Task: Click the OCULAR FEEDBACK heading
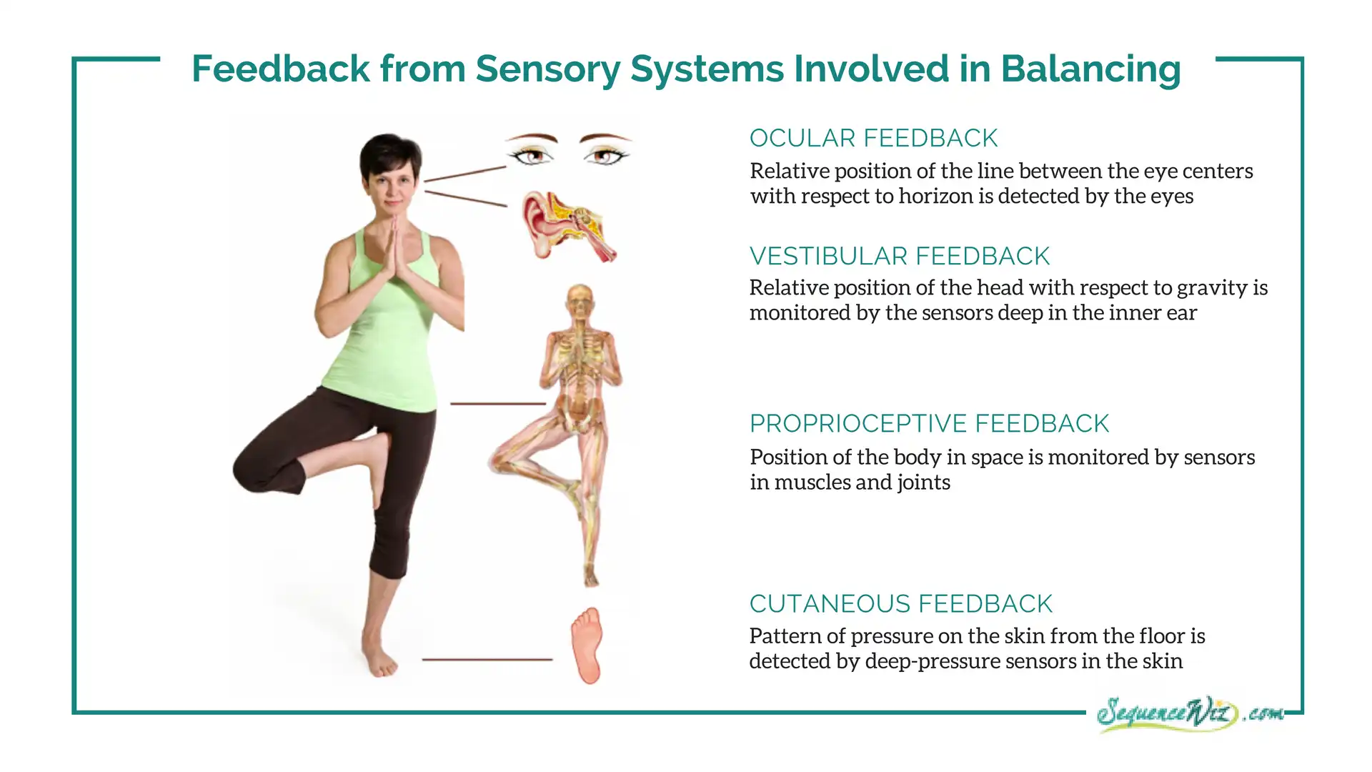point(873,138)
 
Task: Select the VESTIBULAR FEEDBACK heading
point(900,256)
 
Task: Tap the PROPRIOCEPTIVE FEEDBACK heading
point(929,423)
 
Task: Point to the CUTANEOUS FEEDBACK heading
point(901,604)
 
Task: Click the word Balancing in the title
point(1090,70)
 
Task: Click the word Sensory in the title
point(547,70)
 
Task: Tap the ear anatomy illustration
point(568,226)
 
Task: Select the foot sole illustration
point(587,645)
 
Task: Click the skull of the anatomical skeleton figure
point(580,300)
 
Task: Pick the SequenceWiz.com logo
point(1190,713)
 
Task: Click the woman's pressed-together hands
point(394,250)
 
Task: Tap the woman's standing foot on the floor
point(380,658)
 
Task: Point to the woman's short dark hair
point(389,154)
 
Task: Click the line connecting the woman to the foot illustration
point(487,659)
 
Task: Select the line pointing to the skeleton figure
point(498,404)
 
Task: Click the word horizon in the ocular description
point(945,197)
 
